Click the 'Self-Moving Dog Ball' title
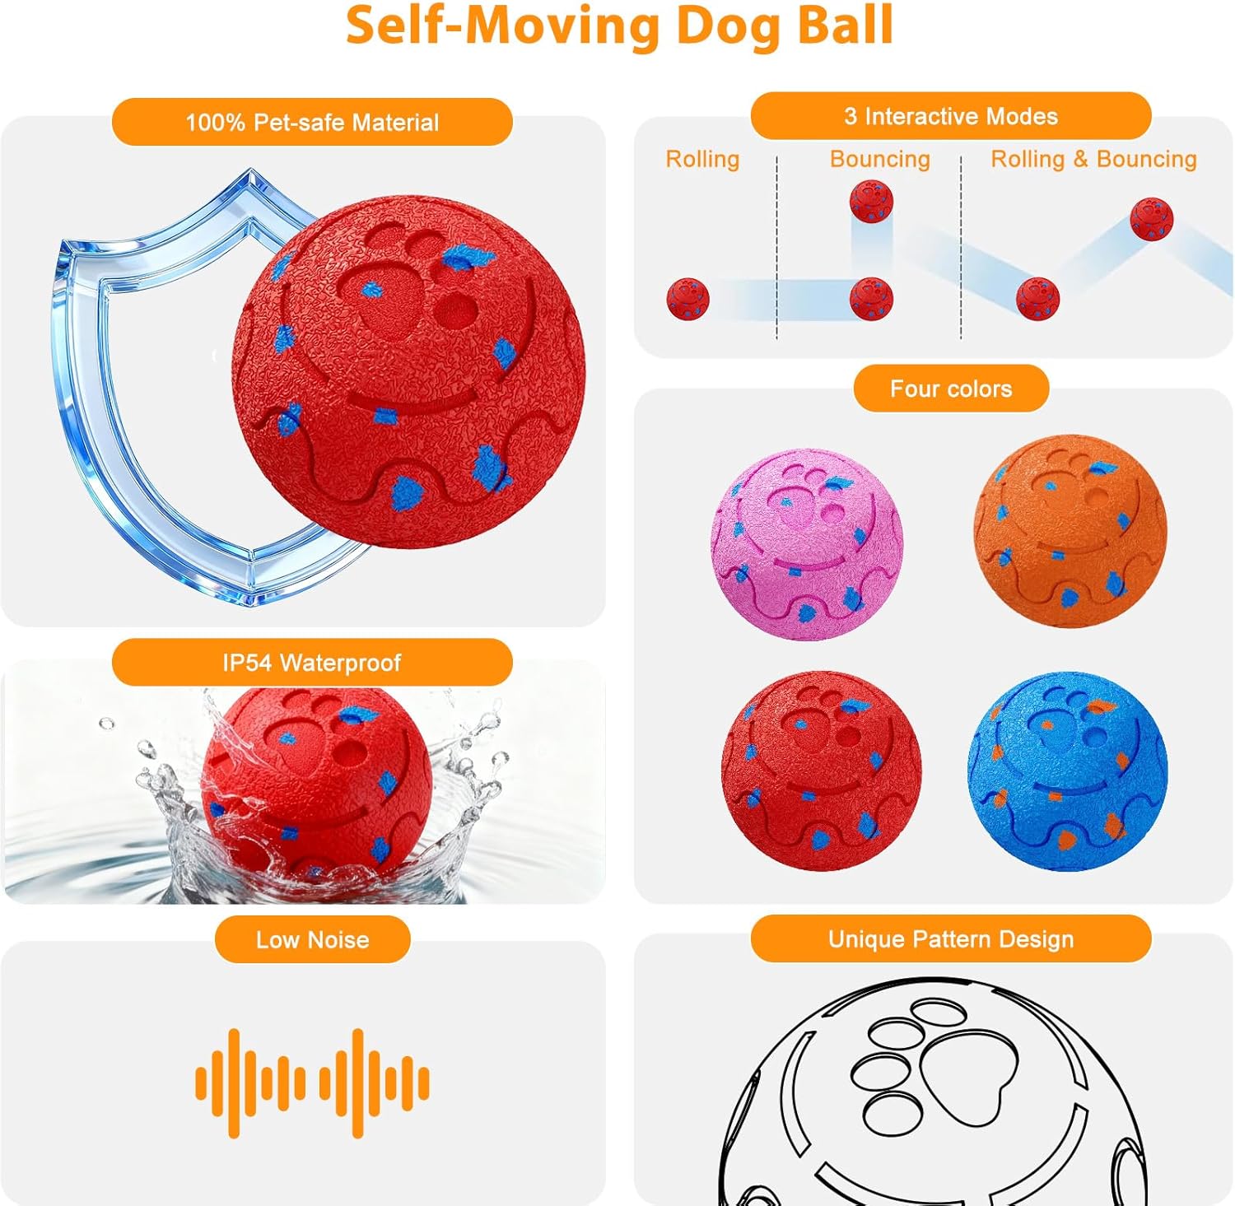pos(619,26)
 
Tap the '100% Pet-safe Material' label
pos(312,123)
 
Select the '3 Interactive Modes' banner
pos(950,116)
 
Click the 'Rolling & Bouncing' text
pos(1093,159)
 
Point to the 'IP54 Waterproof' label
pos(312,663)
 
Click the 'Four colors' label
pos(951,389)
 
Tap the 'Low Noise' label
pos(312,939)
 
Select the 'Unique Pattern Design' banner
pos(950,939)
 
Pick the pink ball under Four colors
pos(807,543)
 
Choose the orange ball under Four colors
pos(1070,531)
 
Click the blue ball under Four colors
pos(1068,771)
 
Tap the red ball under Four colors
pos(821,771)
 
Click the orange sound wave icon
pos(312,1083)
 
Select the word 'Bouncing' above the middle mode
pos(879,159)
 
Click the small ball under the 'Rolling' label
pos(687,298)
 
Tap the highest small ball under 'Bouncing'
pos(871,202)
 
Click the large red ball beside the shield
pos(409,370)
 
